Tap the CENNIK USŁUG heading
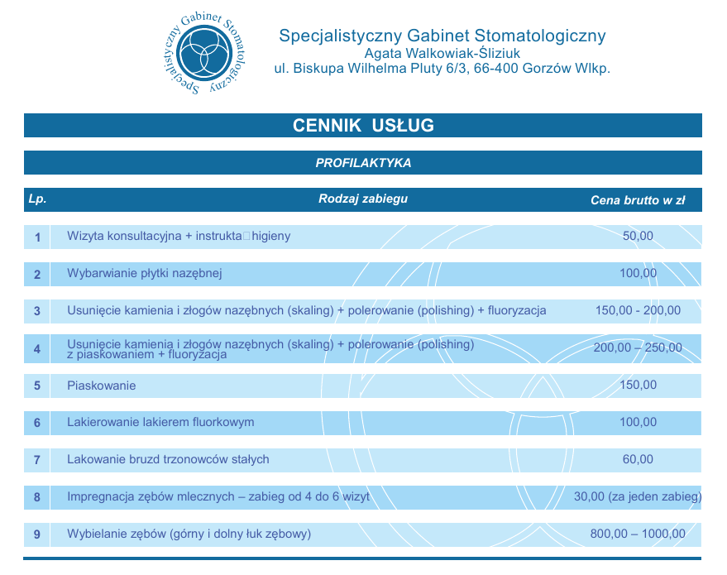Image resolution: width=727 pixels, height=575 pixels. pyautogui.click(x=363, y=126)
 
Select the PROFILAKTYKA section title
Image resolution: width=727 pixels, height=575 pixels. pyautogui.click(x=363, y=163)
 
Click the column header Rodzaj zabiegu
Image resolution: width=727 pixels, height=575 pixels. pyautogui.click(x=363, y=199)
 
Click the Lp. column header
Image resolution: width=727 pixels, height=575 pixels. pyautogui.click(x=37, y=199)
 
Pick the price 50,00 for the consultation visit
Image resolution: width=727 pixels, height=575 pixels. pyautogui.click(x=638, y=236)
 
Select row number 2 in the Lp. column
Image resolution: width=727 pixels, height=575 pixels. pyautogui.click(x=37, y=274)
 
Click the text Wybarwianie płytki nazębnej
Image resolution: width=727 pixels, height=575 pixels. pyautogui.click(x=145, y=273)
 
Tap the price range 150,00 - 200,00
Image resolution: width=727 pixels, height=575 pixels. pyautogui.click(x=638, y=310)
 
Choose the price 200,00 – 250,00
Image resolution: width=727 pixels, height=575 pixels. pyautogui.click(x=638, y=347)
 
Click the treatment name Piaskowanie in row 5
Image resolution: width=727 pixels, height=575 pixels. pyautogui.click(x=101, y=386)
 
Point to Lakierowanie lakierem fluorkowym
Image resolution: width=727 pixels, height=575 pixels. pyautogui.click(x=160, y=423)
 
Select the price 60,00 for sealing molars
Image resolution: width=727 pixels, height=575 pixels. pyautogui.click(x=638, y=459)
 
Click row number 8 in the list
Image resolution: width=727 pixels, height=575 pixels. pyautogui.click(x=37, y=497)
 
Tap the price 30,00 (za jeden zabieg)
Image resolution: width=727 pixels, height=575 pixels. pyautogui.click(x=638, y=496)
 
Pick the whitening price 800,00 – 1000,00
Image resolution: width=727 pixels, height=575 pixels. pyautogui.click(x=638, y=534)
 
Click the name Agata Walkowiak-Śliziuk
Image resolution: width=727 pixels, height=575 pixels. pyautogui.click(x=442, y=53)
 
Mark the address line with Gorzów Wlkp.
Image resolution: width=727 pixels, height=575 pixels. pyautogui.click(x=442, y=69)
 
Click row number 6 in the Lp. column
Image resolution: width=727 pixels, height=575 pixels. pyautogui.click(x=37, y=423)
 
